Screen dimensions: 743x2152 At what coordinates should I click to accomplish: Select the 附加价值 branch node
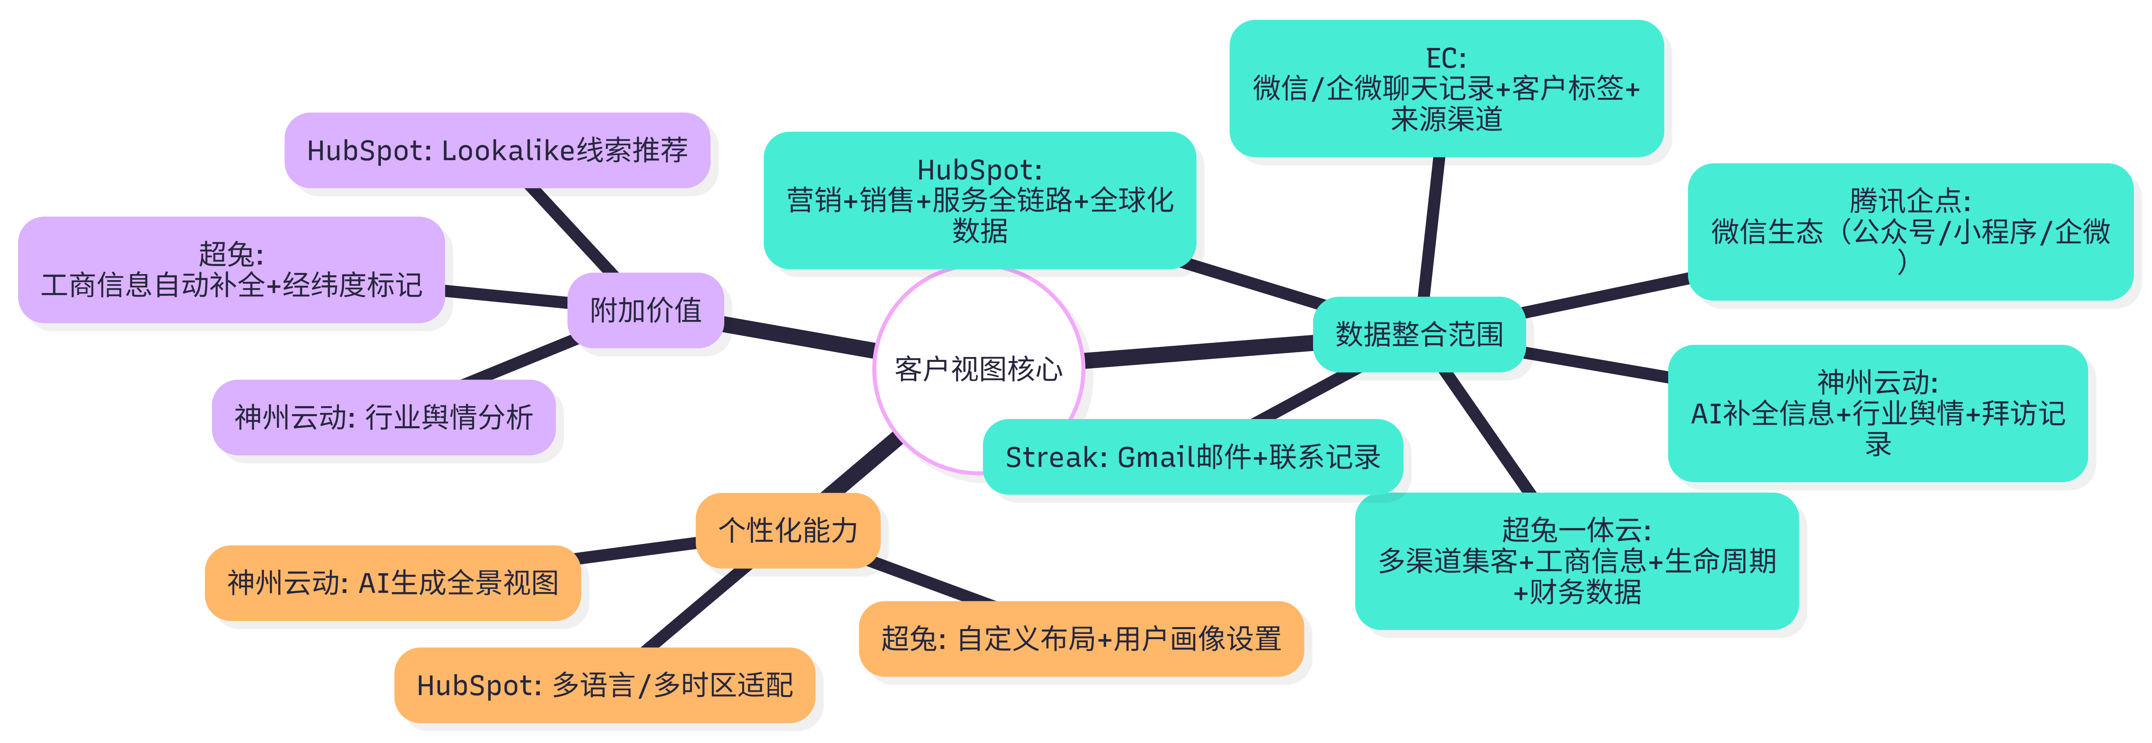(x=645, y=310)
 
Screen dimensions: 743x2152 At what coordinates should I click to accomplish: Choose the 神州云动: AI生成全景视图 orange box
(x=393, y=582)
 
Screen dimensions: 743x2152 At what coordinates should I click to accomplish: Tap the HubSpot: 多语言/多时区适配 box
(x=604, y=685)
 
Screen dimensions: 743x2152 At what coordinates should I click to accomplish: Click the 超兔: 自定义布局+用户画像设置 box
(x=1081, y=638)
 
